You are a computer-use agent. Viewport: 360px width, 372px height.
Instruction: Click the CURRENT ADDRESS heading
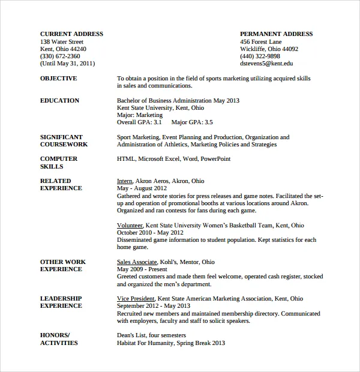pyautogui.click(x=71, y=34)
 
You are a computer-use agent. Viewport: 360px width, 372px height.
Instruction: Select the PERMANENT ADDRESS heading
pyautogui.click(x=276, y=34)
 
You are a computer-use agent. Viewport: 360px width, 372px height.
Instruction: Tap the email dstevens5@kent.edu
pyautogui.click(x=266, y=63)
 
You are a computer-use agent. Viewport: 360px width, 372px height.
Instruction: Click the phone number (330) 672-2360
pyautogui.click(x=60, y=56)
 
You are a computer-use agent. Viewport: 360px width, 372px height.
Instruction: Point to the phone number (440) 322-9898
pyautogui.click(x=260, y=56)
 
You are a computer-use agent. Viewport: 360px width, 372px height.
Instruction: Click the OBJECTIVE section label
pyautogui.click(x=58, y=79)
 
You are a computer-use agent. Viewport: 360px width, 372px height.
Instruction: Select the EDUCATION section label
pyautogui.click(x=59, y=101)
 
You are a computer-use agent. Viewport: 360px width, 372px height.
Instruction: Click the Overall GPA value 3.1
pyautogui.click(x=158, y=122)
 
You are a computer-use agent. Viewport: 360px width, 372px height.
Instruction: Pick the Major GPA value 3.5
pyautogui.click(x=208, y=122)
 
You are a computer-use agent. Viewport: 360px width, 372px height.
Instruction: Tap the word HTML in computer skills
pyautogui.click(x=125, y=159)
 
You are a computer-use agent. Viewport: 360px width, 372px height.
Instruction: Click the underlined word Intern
pyautogui.click(x=124, y=181)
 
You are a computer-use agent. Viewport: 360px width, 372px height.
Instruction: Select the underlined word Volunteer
pyautogui.click(x=130, y=226)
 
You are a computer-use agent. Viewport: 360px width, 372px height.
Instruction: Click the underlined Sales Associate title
pyautogui.click(x=137, y=262)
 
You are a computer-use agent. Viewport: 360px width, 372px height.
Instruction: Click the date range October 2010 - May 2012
pyautogui.click(x=150, y=233)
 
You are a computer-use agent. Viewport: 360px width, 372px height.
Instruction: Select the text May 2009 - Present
pyautogui.click(x=142, y=269)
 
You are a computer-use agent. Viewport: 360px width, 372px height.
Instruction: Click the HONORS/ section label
pyautogui.click(x=55, y=335)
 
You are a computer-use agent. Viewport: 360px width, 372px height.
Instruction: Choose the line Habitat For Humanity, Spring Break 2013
pyautogui.click(x=170, y=343)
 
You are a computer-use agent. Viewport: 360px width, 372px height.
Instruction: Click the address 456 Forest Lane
pyautogui.click(x=260, y=41)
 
